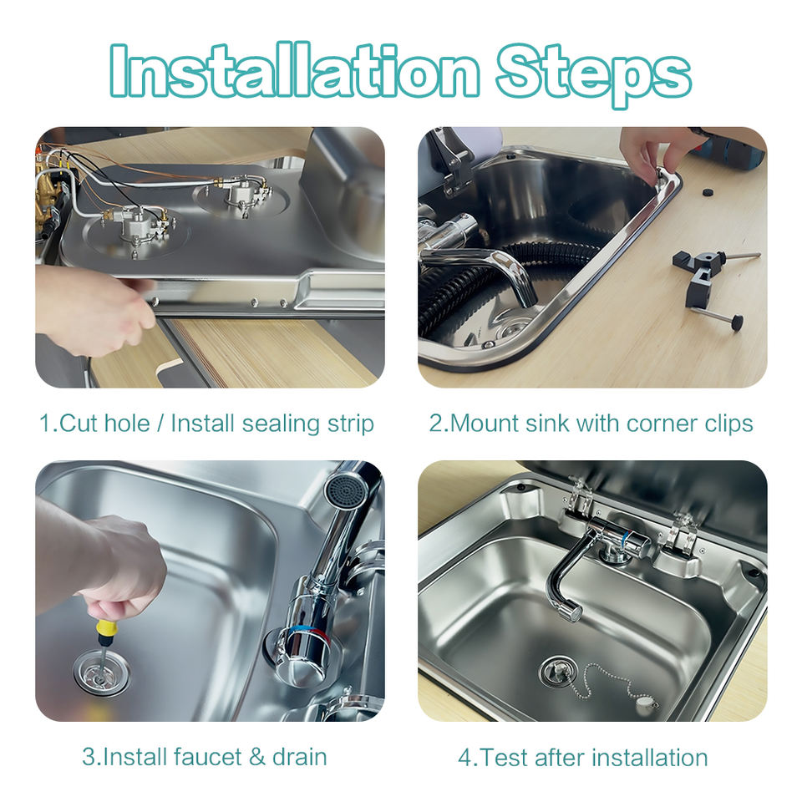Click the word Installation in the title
[x=294, y=70]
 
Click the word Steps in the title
[x=593, y=75]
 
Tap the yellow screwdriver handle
[x=104, y=632]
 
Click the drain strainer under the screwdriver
[x=101, y=672]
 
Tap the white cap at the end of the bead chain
[x=646, y=705]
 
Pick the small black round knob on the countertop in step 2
[x=708, y=193]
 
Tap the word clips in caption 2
[x=728, y=424]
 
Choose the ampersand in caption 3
[x=257, y=757]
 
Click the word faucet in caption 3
[x=207, y=757]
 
